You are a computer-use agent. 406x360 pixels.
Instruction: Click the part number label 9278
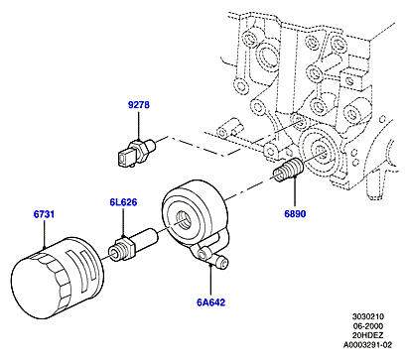[x=139, y=105]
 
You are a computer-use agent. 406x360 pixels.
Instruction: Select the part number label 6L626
[x=123, y=202]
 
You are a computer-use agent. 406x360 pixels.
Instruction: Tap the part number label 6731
[x=44, y=214]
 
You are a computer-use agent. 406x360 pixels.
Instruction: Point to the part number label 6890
[x=295, y=213]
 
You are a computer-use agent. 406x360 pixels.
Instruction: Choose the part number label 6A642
[x=211, y=302]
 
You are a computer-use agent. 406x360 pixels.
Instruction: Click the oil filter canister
[x=58, y=279]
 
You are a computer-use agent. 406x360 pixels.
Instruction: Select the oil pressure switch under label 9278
[x=136, y=151]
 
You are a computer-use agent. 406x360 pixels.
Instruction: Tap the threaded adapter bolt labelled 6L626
[x=134, y=245]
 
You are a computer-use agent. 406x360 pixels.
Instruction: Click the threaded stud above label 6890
[x=288, y=170]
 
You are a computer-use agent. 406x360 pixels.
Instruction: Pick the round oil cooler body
[x=195, y=214]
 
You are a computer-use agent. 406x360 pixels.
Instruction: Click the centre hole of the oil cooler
[x=182, y=218]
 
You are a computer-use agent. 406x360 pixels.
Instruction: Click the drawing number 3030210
[x=367, y=316]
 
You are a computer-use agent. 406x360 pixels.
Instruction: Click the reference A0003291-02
[x=367, y=345]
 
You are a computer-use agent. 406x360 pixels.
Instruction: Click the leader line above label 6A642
[x=210, y=281]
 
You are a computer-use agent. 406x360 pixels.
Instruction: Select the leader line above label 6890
[x=295, y=191]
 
